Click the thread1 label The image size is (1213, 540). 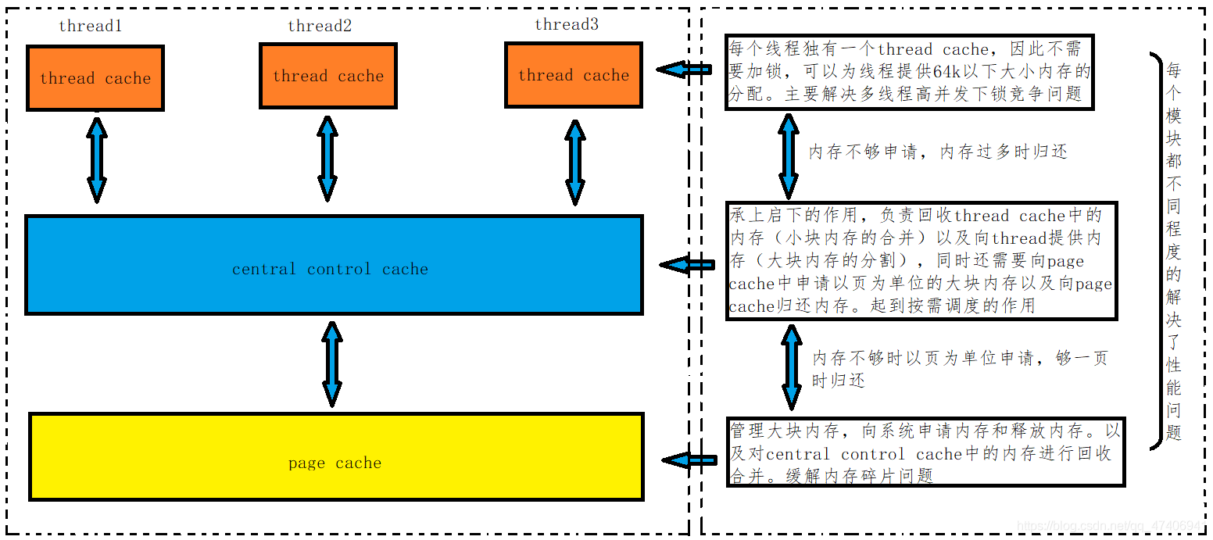point(91,26)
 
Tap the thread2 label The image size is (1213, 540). point(320,26)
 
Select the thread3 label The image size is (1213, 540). point(567,24)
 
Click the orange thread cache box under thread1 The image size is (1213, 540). point(95,78)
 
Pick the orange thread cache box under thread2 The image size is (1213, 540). point(328,76)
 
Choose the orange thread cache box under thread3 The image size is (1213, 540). point(574,75)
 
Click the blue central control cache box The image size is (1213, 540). point(334,266)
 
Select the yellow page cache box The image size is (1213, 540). point(336,457)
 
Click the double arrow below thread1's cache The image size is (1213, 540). point(97,159)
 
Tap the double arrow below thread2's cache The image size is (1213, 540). point(327,158)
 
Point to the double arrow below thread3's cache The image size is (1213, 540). point(575,162)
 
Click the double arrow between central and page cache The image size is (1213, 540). point(332,363)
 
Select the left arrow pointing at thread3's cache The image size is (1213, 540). point(684,70)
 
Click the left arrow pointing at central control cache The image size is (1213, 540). point(687,266)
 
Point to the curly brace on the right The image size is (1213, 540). point(1155,250)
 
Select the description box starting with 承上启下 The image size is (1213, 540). point(921,261)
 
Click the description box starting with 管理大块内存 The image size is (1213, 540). point(925,452)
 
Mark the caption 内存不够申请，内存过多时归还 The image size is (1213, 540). point(937,152)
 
